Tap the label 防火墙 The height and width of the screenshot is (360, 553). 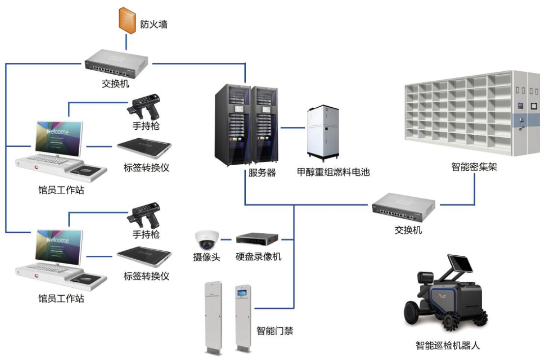(153, 24)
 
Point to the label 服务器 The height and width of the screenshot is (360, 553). (262, 172)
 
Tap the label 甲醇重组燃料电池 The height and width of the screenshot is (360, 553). (333, 172)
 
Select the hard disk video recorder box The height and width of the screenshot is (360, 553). (257, 239)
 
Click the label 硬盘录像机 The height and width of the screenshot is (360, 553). (258, 257)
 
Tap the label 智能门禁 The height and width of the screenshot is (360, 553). (275, 330)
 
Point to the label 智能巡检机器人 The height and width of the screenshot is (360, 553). (447, 345)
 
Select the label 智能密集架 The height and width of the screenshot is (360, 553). (474, 167)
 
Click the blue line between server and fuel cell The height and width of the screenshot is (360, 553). (292, 127)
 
